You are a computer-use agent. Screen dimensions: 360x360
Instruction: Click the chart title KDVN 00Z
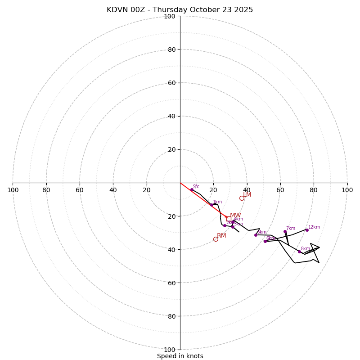pos(180,10)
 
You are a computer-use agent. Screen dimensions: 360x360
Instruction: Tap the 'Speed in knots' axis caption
pos(180,356)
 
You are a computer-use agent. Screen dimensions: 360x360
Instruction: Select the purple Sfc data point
pos(192,189)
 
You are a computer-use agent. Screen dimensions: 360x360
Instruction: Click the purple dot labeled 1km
pos(211,205)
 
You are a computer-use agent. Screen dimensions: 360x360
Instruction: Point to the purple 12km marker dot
pos(307,230)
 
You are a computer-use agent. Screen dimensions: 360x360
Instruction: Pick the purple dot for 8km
pos(299,252)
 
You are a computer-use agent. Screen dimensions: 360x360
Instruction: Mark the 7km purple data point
pos(285,231)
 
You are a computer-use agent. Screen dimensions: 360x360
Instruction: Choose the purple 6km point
pos(265,241)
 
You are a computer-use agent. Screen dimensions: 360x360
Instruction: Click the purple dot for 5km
pos(256,235)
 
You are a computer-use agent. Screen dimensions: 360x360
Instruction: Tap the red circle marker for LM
pos(242,198)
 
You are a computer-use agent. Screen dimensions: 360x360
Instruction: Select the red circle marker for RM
pos(216,239)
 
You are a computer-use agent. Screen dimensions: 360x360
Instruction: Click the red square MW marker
pos(229,219)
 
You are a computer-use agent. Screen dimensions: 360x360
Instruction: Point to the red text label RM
pos(221,236)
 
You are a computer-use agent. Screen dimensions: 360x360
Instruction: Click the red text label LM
pos(247,195)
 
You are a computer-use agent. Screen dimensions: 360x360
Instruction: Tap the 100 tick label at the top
pos(169,16)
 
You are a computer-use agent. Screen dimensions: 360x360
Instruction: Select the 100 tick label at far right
pos(347,190)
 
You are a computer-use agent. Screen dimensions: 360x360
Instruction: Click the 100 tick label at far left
pos(13,190)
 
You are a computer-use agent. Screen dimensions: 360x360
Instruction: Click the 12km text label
pos(314,227)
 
